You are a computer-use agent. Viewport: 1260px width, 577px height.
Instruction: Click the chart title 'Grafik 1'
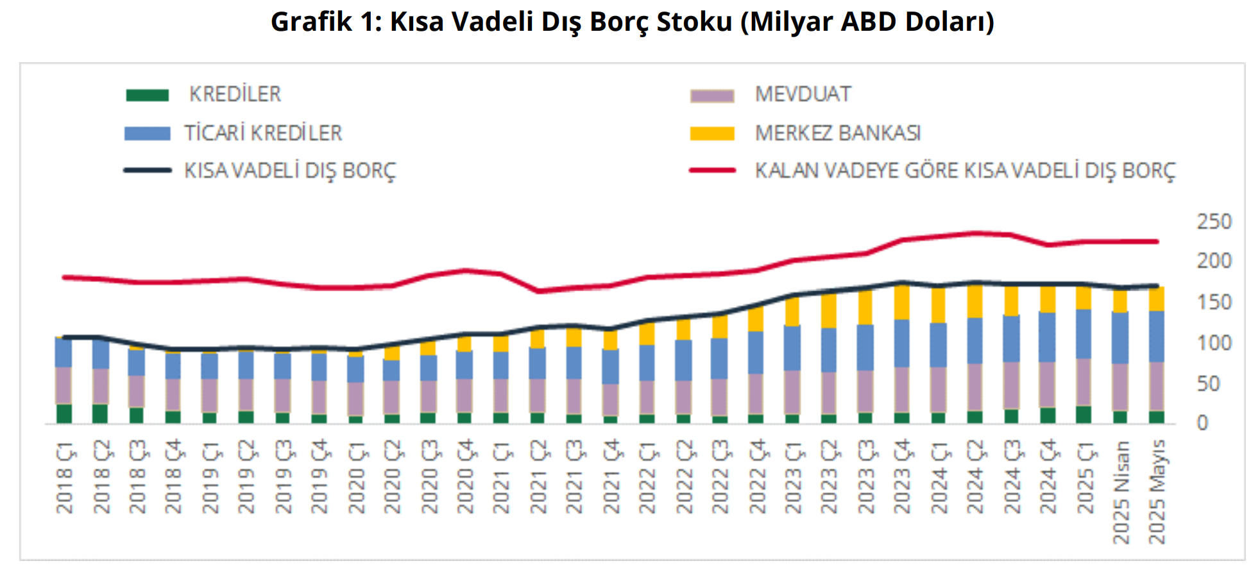point(632,22)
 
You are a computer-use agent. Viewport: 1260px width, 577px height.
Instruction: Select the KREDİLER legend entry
point(235,94)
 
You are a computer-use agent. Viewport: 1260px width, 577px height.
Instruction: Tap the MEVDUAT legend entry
point(803,94)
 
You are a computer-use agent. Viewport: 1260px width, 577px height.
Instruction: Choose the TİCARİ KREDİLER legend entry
point(263,133)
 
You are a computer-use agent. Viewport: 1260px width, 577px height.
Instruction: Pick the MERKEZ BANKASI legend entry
point(837,133)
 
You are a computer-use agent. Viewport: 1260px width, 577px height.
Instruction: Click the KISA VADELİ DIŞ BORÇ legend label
point(290,171)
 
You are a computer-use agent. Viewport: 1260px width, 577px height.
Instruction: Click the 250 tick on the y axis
point(1214,221)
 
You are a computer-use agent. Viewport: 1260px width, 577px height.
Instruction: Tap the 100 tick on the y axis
point(1214,343)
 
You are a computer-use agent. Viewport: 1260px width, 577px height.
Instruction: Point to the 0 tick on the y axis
point(1202,423)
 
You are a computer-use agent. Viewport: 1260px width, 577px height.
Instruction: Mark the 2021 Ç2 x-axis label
point(538,478)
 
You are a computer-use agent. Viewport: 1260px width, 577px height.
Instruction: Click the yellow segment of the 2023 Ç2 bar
point(829,311)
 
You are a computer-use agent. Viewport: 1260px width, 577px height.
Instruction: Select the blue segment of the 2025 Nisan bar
point(1120,338)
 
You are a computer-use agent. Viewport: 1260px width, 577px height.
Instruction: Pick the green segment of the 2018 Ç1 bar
point(64,414)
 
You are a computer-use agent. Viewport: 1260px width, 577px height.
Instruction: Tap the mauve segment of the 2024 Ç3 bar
point(1011,385)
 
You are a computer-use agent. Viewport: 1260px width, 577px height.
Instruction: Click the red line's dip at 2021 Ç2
point(538,291)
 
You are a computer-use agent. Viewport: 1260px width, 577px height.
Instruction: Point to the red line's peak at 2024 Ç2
point(975,233)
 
